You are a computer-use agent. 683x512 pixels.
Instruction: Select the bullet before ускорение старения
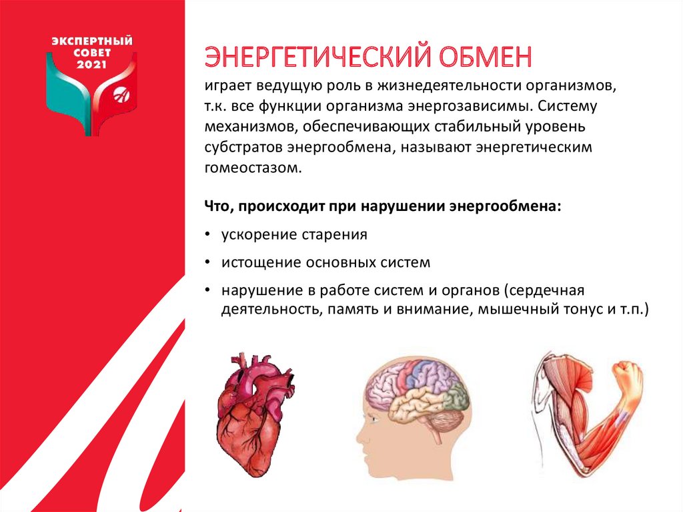point(208,235)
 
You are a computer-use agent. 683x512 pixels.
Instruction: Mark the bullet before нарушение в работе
point(208,291)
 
